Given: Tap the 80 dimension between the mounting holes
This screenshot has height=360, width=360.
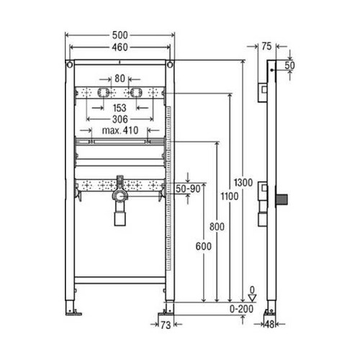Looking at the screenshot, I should click(119, 78).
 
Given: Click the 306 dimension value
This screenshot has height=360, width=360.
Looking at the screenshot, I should click(119, 119).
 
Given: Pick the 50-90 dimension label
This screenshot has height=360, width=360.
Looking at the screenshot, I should click(189, 188).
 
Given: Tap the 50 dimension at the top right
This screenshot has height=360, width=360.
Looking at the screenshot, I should click(289, 66).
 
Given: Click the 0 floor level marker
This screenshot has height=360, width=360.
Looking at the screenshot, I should click(252, 290).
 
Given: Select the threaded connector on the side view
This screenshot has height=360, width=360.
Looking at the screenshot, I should click(283, 198).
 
